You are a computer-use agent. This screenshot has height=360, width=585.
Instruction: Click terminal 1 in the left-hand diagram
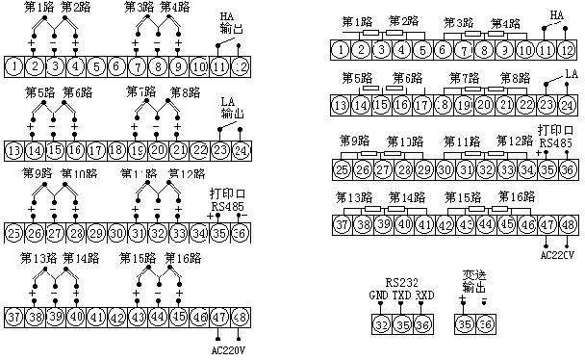point(14,67)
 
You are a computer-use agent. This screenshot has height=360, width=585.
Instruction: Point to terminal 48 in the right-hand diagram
point(569,224)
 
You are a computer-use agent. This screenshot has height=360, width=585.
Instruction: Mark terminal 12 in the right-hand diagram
point(569,47)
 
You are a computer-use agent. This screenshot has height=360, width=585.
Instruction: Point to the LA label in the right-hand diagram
point(571,73)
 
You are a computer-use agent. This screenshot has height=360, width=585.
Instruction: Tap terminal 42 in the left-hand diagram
point(117,317)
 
